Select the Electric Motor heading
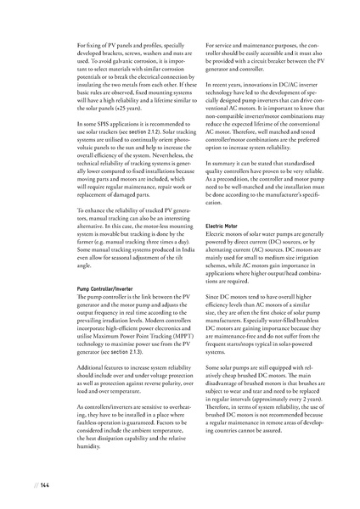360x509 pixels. pos(223,226)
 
